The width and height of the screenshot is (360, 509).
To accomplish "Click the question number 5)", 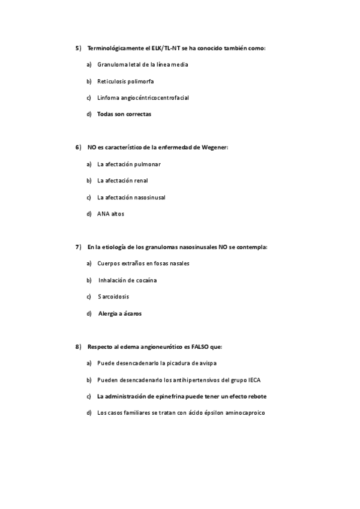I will click(x=78, y=47).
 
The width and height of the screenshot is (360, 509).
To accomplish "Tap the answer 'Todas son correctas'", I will click(x=124, y=113).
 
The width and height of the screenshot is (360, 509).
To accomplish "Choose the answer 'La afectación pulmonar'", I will click(x=129, y=164).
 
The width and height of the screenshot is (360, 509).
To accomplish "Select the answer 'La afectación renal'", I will click(x=122, y=181).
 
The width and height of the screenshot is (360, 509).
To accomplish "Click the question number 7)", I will click(x=78, y=247).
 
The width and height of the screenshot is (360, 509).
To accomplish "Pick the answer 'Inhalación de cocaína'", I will click(x=128, y=280).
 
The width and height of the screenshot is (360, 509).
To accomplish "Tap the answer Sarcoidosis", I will click(x=113, y=297).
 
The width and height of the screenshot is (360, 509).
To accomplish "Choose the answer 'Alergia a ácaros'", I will click(x=120, y=313).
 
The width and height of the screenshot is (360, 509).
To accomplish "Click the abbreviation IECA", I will click(x=254, y=380).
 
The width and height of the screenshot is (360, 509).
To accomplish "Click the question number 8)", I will click(x=78, y=347).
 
